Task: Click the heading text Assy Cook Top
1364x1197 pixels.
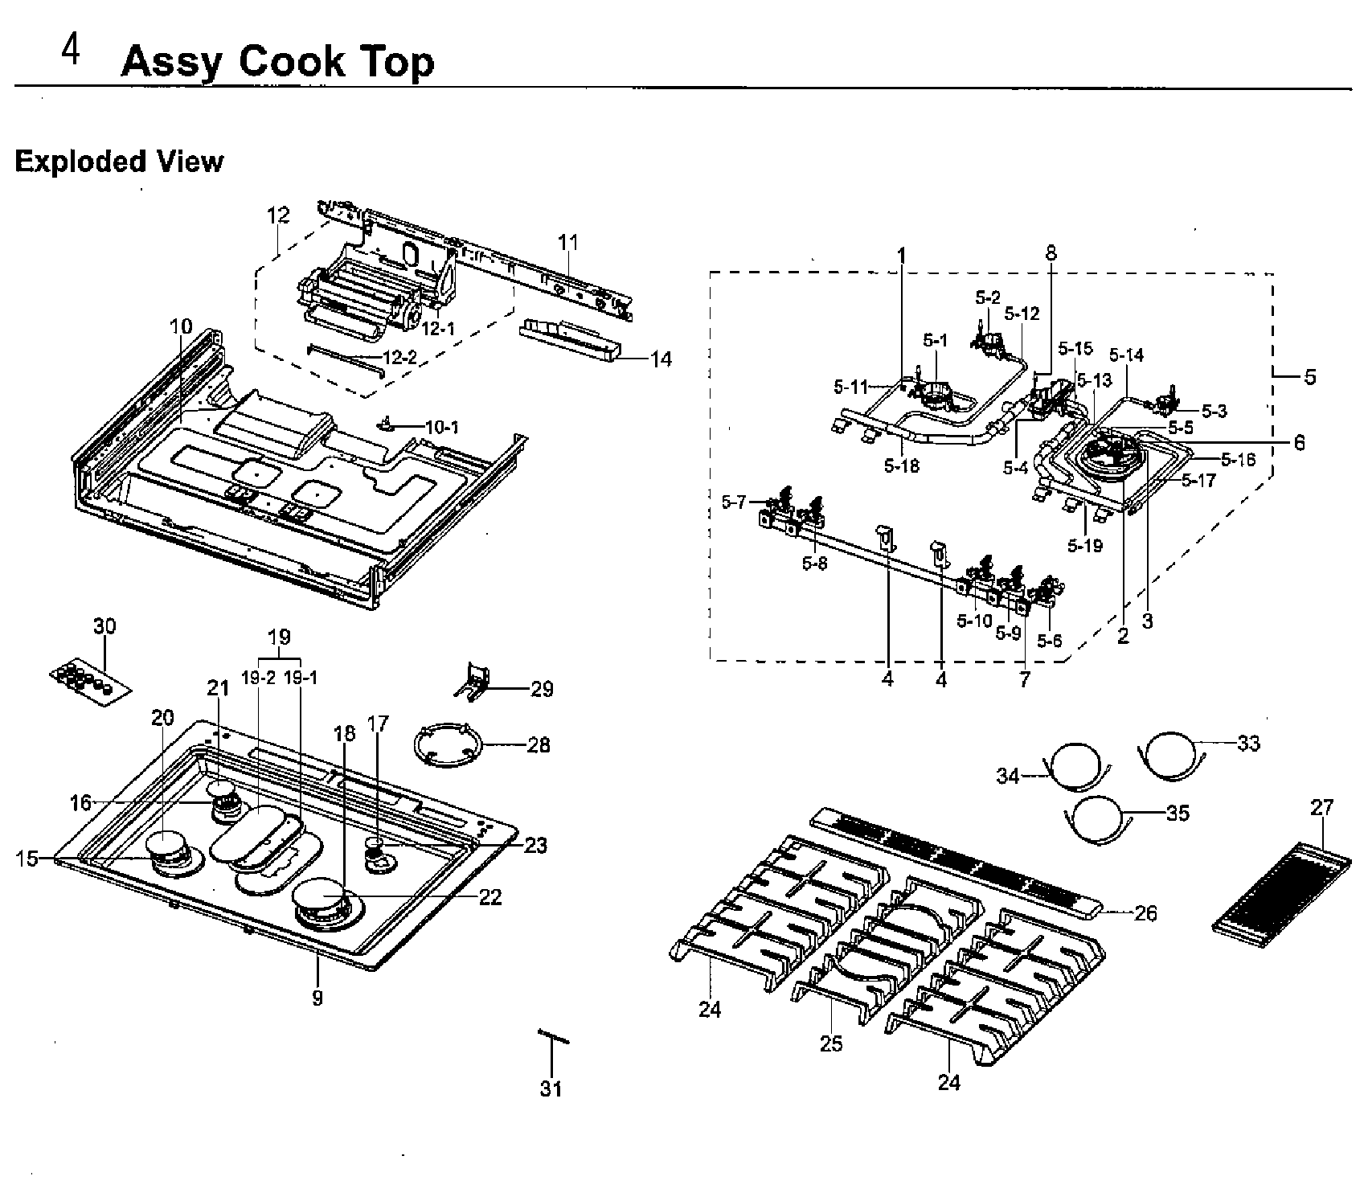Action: click(x=277, y=61)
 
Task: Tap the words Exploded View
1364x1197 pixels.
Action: click(x=119, y=162)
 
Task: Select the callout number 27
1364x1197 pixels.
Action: click(x=1321, y=807)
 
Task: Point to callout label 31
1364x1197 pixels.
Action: click(x=551, y=1088)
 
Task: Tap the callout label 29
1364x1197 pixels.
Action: click(x=542, y=689)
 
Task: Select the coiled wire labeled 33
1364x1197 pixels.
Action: click(x=1171, y=756)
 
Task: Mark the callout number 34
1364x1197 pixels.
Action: click(x=1008, y=776)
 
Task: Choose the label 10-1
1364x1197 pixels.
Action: click(x=442, y=427)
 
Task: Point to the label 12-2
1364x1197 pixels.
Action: click(x=399, y=358)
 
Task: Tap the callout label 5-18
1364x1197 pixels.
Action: click(x=901, y=465)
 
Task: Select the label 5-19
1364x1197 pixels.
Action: click(x=1085, y=545)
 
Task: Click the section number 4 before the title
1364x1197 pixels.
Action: click(x=71, y=53)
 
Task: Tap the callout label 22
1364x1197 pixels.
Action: click(x=489, y=897)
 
